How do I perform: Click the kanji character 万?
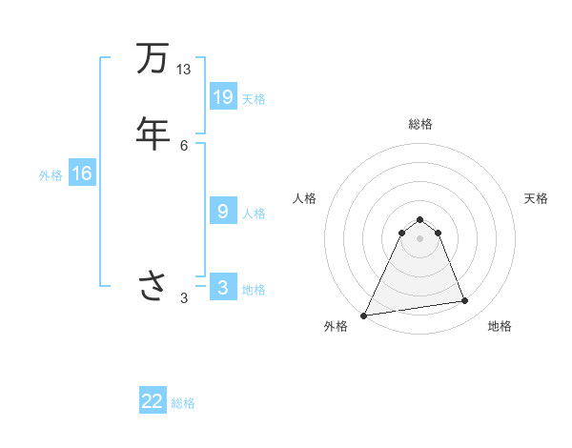point(152,59)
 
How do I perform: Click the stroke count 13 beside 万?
point(183,70)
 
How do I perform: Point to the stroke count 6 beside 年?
point(184,145)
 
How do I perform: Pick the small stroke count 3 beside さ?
point(184,298)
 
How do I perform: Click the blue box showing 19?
point(223,96)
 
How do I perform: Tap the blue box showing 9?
point(223,211)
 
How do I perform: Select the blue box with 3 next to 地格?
point(223,287)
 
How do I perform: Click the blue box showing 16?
point(82,173)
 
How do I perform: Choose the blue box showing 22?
point(153,401)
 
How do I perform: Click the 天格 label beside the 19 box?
point(254,98)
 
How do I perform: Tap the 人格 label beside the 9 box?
point(254,213)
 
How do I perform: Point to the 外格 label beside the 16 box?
point(51,175)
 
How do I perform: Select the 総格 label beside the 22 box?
point(183,403)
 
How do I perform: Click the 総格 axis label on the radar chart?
point(420,124)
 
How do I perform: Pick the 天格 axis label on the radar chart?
point(537,198)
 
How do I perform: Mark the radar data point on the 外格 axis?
point(364,316)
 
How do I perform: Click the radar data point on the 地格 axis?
point(465,301)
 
